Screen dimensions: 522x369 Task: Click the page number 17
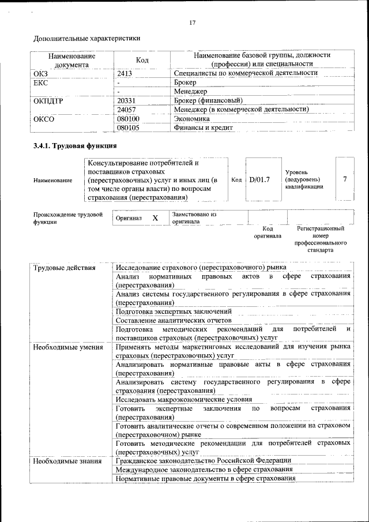193,22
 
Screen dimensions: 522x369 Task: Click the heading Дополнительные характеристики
86,39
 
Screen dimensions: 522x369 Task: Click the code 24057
126,109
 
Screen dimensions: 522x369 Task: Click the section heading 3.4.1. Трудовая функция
76,145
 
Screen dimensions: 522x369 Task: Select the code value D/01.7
259,179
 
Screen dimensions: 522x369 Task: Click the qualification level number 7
345,179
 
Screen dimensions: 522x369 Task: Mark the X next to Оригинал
155,219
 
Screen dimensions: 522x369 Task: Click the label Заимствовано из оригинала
193,217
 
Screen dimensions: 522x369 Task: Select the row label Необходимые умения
68,347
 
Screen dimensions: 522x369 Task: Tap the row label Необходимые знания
67,461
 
